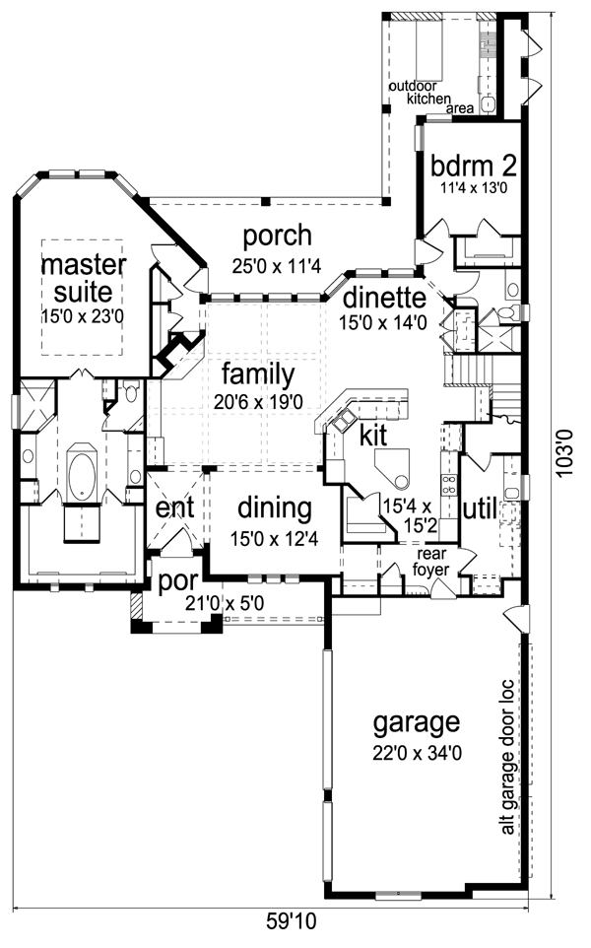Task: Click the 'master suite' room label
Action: [84, 278]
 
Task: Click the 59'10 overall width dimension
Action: [292, 922]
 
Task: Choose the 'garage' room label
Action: [417, 723]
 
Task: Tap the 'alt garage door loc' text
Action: [507, 758]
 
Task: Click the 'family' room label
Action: [258, 374]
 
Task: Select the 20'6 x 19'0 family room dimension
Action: [258, 402]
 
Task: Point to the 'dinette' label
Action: [384, 298]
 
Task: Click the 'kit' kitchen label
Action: [373, 435]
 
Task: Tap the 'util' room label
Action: [480, 509]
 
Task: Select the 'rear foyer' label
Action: [431, 563]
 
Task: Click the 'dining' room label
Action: [275, 509]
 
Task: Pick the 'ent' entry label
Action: [174, 508]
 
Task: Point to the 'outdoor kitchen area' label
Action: [430, 98]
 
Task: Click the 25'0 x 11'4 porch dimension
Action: [278, 265]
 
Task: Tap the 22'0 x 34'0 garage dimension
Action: [417, 753]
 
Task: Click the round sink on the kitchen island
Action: [400, 481]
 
